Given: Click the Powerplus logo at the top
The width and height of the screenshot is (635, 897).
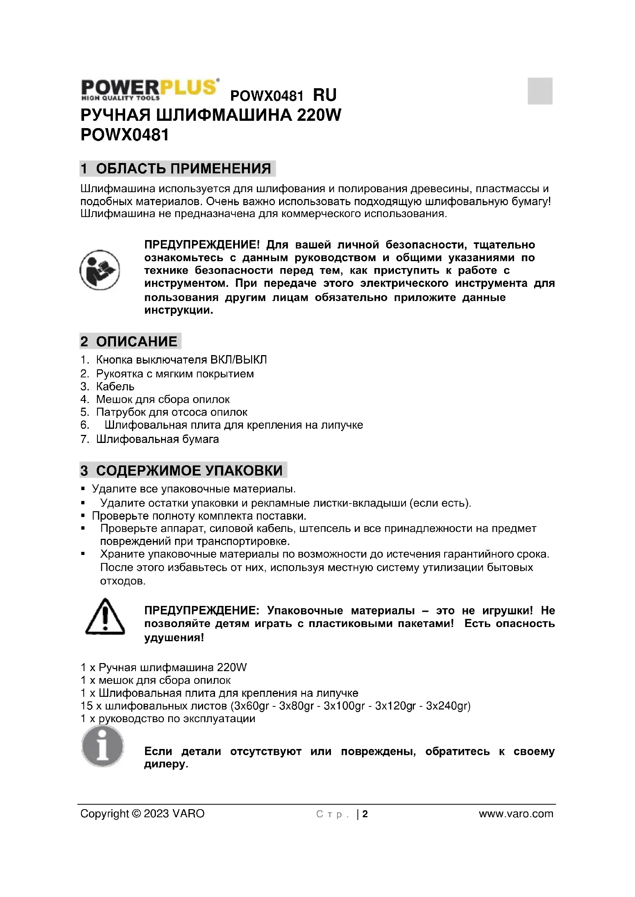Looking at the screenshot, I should click(150, 89).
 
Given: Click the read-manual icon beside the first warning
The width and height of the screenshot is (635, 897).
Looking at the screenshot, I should click(100, 270).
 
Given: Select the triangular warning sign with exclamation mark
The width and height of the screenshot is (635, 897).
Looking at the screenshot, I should click(105, 617).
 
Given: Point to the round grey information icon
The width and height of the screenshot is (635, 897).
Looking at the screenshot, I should click(103, 746).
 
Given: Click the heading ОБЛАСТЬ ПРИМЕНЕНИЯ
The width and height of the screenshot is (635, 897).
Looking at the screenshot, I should click(183, 168).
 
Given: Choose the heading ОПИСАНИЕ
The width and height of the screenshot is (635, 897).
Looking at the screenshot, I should click(136, 341).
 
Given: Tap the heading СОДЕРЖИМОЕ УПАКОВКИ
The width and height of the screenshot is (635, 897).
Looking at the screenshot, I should click(189, 470).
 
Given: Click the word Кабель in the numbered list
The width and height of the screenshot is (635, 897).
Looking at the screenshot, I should click(115, 387).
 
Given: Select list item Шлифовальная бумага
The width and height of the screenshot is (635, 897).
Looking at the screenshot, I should click(157, 439).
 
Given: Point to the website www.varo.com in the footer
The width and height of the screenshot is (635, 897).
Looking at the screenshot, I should click(516, 814).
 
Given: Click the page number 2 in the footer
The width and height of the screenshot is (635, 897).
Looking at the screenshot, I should click(365, 814).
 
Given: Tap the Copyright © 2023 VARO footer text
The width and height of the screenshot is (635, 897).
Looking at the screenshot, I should click(142, 814).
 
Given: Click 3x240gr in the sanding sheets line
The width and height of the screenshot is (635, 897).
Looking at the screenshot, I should click(448, 706).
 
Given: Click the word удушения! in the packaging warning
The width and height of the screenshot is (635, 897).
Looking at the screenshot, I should click(174, 638).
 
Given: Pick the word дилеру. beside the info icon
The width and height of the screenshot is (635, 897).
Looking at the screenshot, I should click(166, 764).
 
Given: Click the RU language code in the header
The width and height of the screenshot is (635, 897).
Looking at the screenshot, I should click(324, 95).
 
